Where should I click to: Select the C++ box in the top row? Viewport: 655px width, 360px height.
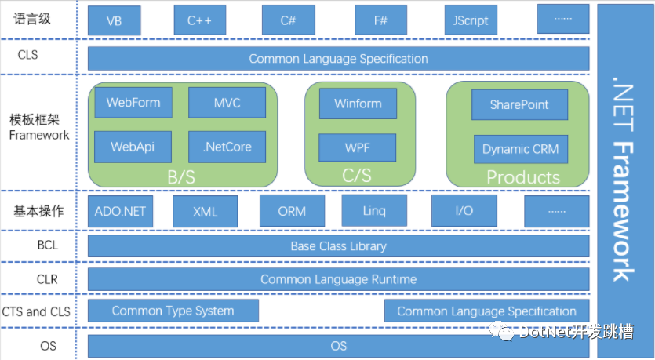[200, 20]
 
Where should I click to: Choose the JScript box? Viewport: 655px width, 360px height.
[471, 20]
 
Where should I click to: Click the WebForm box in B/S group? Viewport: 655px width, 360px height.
[133, 103]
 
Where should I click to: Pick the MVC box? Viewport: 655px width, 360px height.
[227, 103]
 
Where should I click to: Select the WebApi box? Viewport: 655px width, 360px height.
[133, 147]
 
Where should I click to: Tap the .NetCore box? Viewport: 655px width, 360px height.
[227, 147]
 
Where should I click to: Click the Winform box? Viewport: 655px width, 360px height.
[358, 104]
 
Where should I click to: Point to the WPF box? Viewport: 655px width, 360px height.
[358, 147]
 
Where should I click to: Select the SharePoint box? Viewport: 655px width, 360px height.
[519, 104]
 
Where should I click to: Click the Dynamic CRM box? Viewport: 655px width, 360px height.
[520, 149]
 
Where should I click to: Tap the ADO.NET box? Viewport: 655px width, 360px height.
[121, 211]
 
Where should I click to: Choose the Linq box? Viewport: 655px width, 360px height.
[374, 211]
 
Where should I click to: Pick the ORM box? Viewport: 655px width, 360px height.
[292, 211]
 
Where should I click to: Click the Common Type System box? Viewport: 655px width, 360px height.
[173, 311]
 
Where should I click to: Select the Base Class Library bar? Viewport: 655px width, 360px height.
[338, 246]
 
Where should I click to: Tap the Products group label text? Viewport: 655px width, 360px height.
[523, 176]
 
